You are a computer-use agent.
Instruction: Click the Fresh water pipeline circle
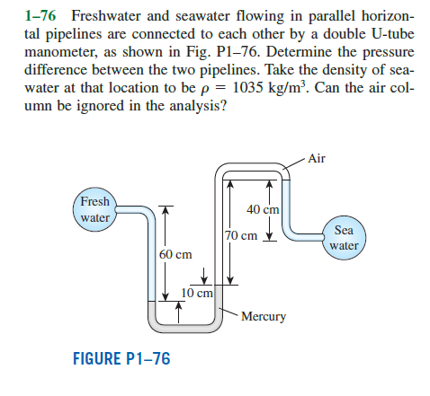coord(94,209)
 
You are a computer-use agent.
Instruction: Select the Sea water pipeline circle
coord(344,238)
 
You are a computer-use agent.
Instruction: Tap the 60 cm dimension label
coord(175,254)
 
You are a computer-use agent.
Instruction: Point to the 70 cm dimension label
coord(241,235)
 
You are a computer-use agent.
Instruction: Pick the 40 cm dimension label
coord(263,209)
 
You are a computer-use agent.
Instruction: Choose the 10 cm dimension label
coord(197,293)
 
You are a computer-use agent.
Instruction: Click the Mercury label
coord(264,316)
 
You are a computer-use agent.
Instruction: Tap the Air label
coord(317,158)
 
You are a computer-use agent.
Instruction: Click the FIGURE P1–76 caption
coord(121,358)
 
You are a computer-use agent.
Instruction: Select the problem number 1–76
coord(40,15)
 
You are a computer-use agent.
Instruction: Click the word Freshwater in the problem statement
coord(105,15)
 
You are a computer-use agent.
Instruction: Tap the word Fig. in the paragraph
coord(197,53)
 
